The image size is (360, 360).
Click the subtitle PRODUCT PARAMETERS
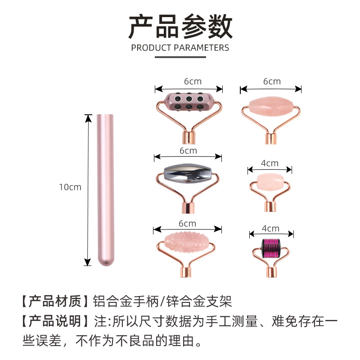pos(180,48)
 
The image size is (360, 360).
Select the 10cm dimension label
pos(70,187)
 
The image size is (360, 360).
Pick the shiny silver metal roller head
pos(188,173)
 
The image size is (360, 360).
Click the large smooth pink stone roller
pos(270,107)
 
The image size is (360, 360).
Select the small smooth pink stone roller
pos(270,181)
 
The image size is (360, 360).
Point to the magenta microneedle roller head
pos(271,247)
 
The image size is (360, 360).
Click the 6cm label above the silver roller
pos(188,150)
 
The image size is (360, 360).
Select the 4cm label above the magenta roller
pos(270,228)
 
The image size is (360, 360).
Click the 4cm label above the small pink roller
pos(270,163)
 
